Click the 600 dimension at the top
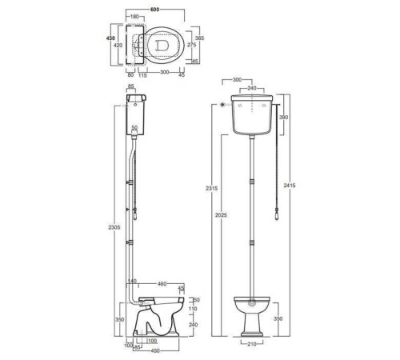[x=154, y=10]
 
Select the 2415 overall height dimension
[x=290, y=185]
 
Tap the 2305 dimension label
[x=114, y=227]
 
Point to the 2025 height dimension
[x=221, y=214]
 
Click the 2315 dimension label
[x=211, y=188]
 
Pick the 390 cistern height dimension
[x=283, y=117]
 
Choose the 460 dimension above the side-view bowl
[x=162, y=284]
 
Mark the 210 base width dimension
[x=252, y=344]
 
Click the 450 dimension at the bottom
[x=155, y=351]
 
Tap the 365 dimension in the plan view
[x=199, y=38]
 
